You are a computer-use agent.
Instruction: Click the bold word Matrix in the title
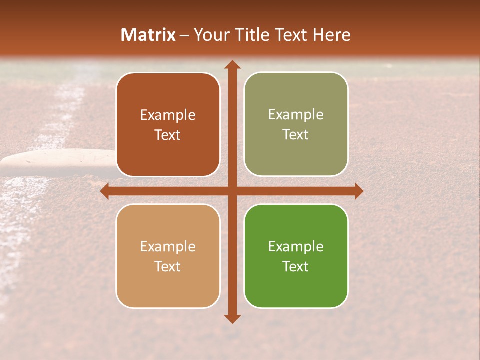[148, 35]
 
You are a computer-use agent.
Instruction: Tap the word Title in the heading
[253, 35]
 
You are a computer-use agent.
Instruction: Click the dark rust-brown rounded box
[168, 124]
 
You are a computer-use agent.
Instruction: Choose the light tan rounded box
[168, 256]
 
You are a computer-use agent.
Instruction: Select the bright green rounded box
[296, 256]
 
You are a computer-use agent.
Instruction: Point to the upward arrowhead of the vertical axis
[232, 64]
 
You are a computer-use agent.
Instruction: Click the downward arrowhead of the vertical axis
[232, 319]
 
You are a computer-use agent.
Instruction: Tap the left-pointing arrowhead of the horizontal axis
[104, 191]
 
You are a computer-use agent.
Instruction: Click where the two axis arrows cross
[232, 191]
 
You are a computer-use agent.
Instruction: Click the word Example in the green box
[296, 246]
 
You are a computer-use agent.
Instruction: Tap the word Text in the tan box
[168, 266]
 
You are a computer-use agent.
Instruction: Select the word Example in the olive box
[296, 114]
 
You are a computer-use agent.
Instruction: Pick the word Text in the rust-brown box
[168, 135]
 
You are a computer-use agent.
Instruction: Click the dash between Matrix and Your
[184, 35]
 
